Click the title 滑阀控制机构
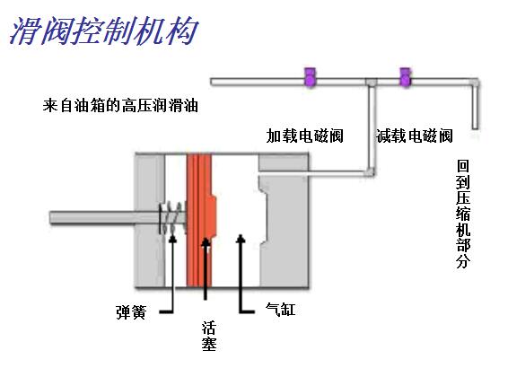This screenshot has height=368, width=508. (103, 31)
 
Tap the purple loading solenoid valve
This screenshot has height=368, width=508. (310, 77)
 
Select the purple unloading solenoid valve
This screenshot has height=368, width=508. (406, 77)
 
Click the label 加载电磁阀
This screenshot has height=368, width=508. (304, 136)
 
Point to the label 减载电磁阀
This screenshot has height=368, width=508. (415, 136)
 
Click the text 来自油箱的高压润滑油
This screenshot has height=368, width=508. (120, 106)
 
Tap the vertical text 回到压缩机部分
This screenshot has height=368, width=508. (463, 214)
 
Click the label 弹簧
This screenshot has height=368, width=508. (131, 312)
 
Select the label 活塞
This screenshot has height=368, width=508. (209, 336)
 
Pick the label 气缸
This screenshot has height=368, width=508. (281, 310)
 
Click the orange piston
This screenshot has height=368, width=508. (201, 220)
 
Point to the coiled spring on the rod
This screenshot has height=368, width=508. (172, 217)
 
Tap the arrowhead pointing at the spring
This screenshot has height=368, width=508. (172, 238)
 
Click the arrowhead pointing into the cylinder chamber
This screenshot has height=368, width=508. (240, 238)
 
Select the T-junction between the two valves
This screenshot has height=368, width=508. (372, 83)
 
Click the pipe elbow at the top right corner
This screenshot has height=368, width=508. (475, 83)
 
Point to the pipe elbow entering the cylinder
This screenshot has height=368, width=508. (370, 172)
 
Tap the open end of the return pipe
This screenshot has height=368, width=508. (475, 127)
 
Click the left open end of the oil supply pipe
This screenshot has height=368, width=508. (213, 82)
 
